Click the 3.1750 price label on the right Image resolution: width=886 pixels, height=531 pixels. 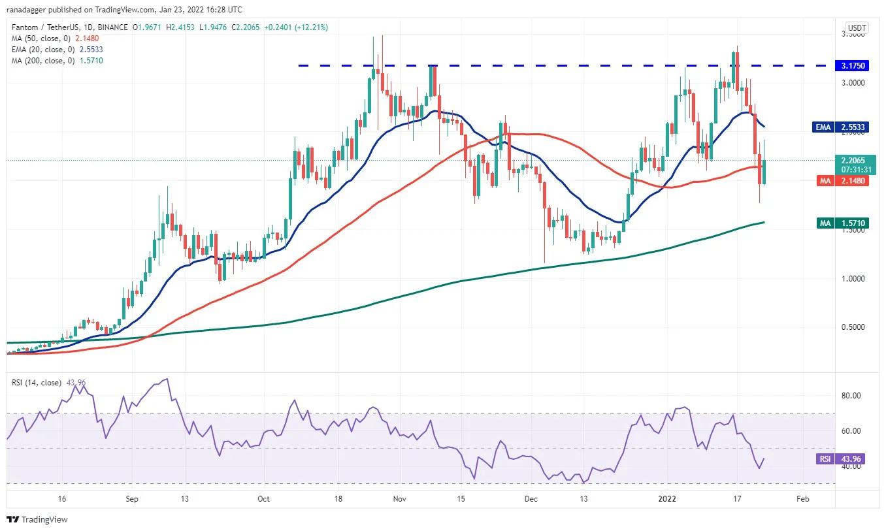852,66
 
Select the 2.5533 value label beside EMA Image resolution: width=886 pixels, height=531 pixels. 852,127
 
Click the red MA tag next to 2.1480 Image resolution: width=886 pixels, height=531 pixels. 825,181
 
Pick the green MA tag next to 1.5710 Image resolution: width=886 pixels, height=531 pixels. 825,223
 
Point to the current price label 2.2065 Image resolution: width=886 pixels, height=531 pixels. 852,159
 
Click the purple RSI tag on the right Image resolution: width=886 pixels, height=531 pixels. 825,459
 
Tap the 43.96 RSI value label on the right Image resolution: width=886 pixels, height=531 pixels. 852,459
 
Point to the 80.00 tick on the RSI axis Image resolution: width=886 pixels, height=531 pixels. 851,396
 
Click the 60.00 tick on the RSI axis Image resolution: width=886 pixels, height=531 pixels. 851,431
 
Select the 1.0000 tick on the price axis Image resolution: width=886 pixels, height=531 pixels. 852,279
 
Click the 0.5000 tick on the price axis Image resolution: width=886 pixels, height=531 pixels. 852,327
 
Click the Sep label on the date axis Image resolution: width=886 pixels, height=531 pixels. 132,499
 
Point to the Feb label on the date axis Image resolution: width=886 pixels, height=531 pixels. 803,499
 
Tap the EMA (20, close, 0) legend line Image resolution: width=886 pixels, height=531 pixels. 56,49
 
